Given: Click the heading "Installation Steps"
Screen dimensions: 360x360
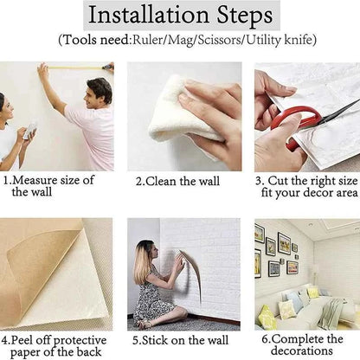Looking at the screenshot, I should [180, 16].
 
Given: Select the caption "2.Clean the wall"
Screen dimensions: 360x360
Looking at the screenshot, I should [177, 182].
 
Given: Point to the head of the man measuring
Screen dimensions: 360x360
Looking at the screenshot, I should [99, 90].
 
